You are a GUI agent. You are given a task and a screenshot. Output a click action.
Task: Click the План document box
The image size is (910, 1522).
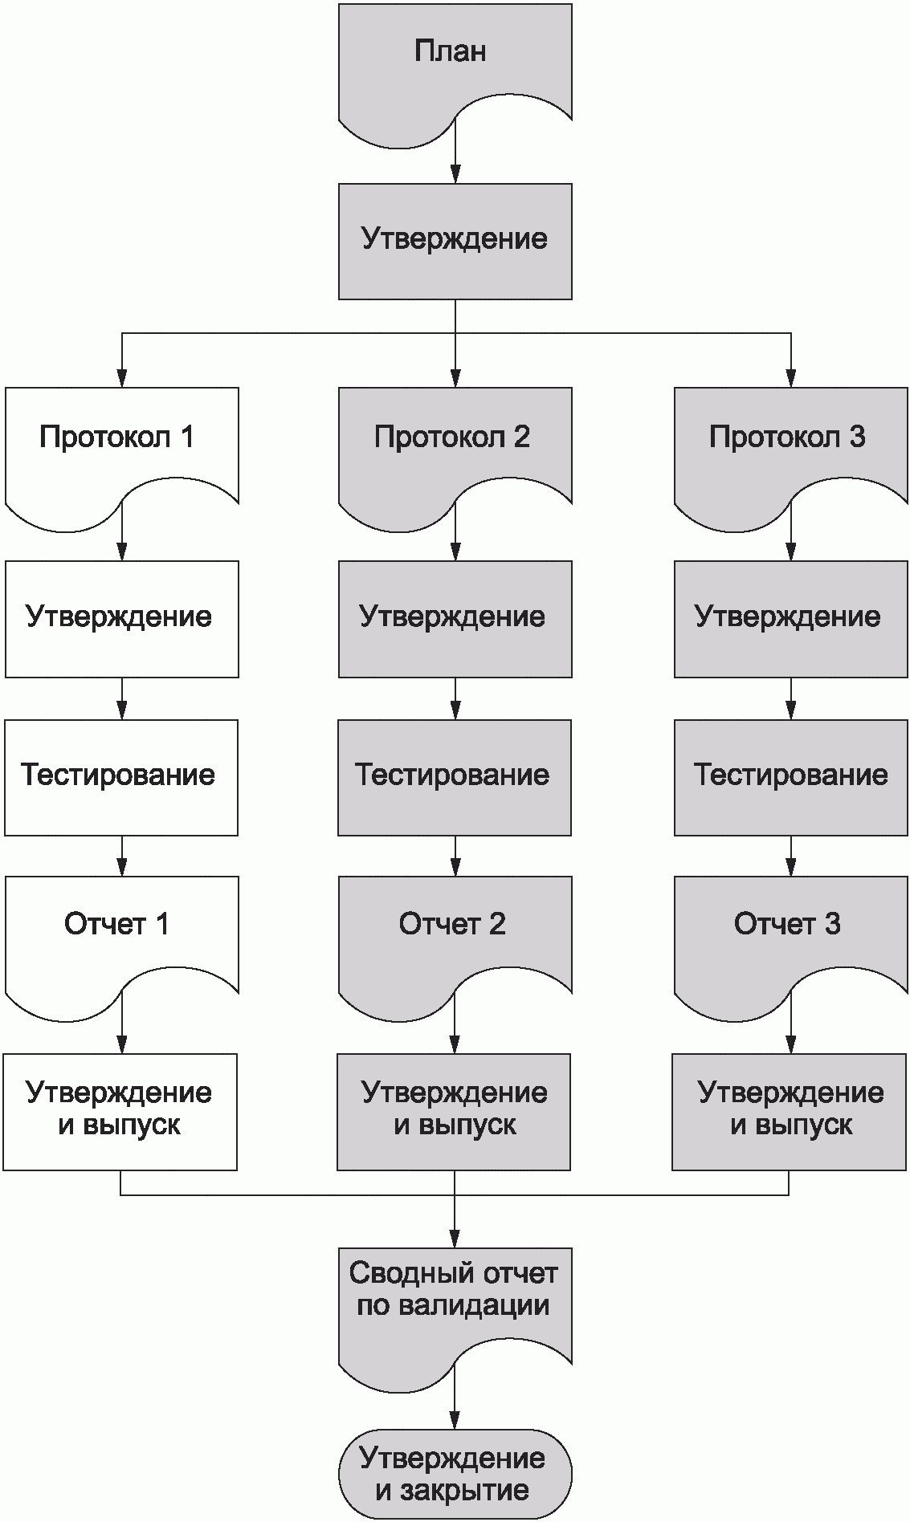pyautogui.click(x=455, y=64)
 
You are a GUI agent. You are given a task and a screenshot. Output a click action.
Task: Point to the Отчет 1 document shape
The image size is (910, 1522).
pyautogui.click(x=121, y=931)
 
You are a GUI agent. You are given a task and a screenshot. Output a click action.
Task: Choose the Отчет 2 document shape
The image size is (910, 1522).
pyautogui.click(x=455, y=931)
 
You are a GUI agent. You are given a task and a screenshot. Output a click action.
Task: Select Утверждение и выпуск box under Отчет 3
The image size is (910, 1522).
pyautogui.click(x=790, y=1111)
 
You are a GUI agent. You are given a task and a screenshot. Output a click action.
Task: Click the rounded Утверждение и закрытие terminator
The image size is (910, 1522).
pyautogui.click(x=455, y=1474)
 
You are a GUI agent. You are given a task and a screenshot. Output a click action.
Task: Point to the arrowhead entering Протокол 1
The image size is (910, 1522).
pyautogui.click(x=121, y=378)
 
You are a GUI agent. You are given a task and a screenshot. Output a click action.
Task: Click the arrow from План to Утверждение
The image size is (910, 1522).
pyautogui.click(x=455, y=153)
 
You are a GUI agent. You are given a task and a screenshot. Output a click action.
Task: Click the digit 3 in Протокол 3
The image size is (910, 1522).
pyautogui.click(x=856, y=437)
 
